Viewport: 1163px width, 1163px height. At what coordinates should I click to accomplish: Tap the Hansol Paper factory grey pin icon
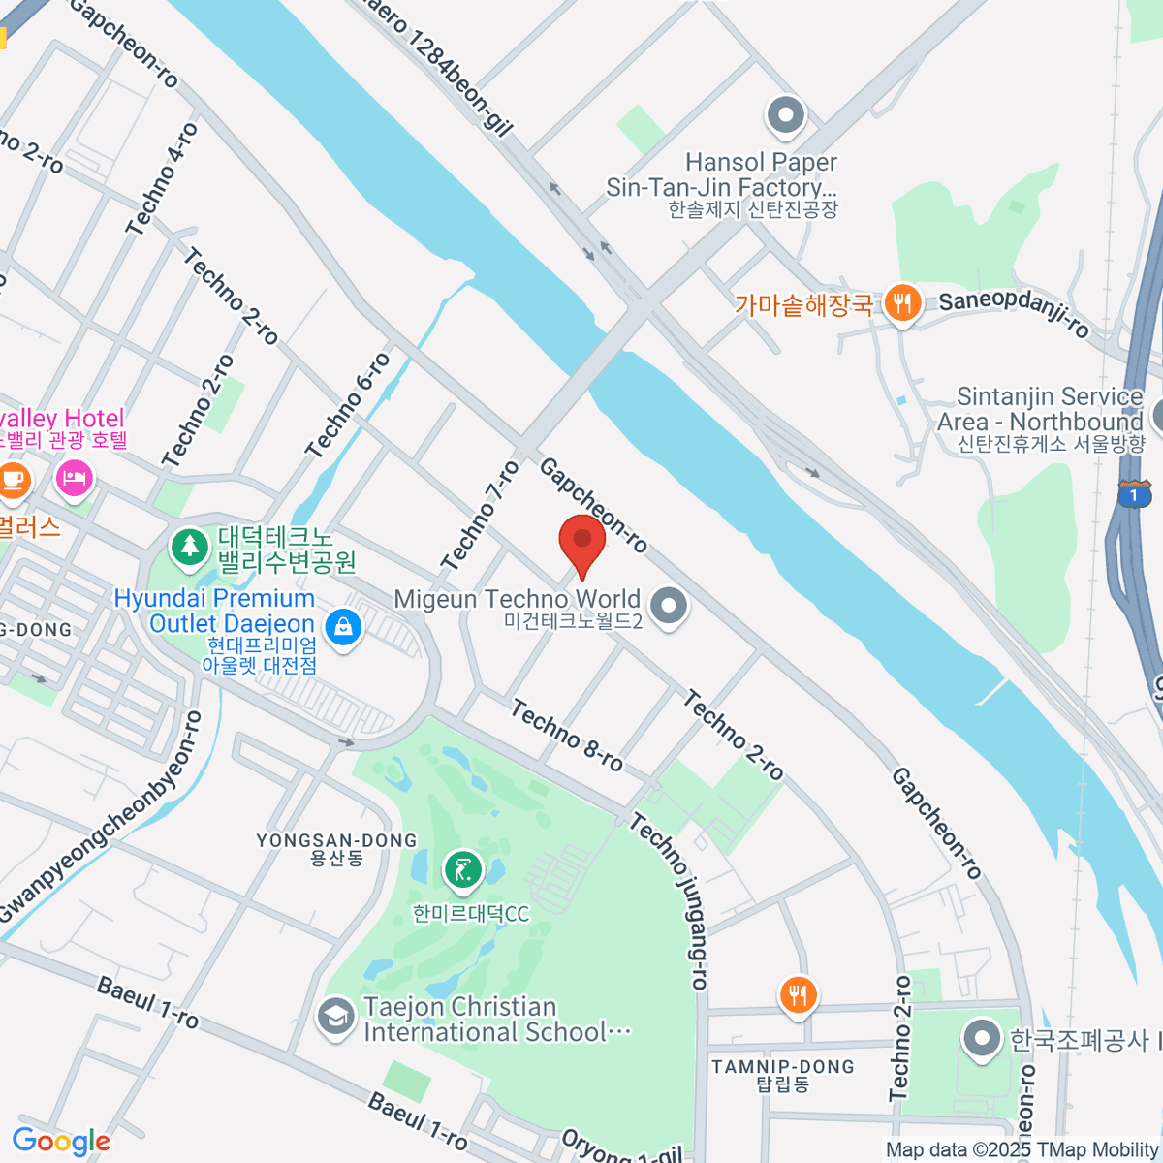tap(786, 116)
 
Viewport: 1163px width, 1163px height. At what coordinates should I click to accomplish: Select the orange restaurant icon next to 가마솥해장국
tap(902, 304)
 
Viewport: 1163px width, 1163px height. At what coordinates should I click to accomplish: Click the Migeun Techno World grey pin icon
tap(668, 608)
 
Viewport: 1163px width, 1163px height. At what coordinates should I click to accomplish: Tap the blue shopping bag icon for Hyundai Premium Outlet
tap(342, 626)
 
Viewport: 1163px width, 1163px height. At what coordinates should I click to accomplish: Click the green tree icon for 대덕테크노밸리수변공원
tap(190, 547)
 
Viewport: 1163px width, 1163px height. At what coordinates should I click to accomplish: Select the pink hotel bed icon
tap(75, 477)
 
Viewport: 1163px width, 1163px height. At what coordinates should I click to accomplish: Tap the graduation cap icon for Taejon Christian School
tap(336, 1018)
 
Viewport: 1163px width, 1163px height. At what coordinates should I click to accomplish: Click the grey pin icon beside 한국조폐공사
tap(982, 1038)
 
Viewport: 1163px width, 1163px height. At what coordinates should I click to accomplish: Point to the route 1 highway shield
tap(1134, 495)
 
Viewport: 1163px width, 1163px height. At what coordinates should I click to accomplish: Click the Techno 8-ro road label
tap(567, 736)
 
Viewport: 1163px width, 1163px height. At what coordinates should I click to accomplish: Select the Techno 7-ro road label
tap(481, 516)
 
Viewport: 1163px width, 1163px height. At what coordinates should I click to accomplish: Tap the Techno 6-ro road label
tap(348, 406)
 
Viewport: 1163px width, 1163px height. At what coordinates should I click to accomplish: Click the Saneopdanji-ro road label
tap(1014, 310)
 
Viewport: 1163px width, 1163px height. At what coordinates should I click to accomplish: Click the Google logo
tap(61, 1142)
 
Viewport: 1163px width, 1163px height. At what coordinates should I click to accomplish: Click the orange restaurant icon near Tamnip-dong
tap(798, 995)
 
